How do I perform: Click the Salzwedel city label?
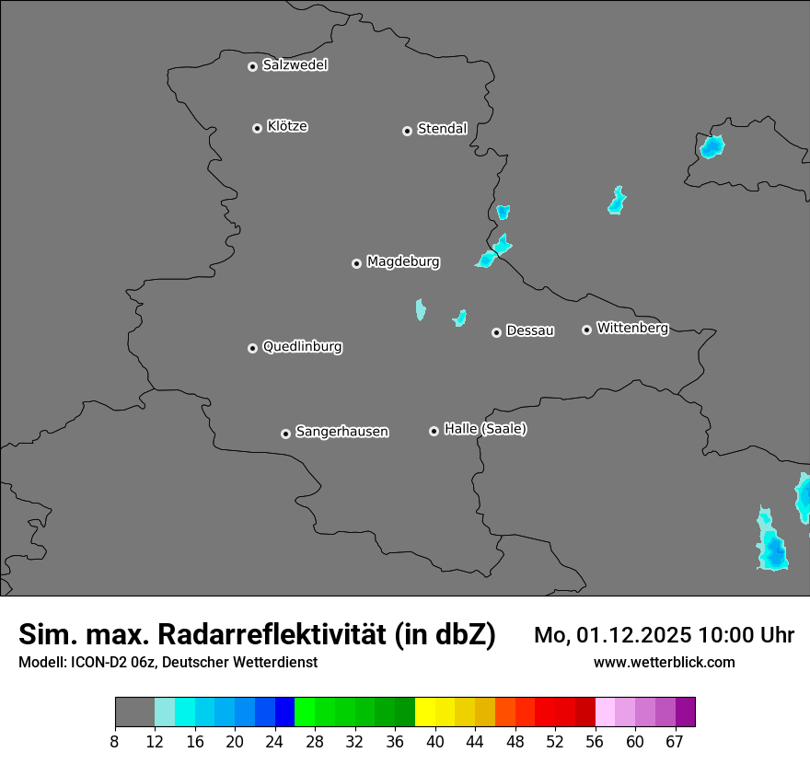(x=295, y=65)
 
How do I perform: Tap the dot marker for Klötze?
(x=258, y=128)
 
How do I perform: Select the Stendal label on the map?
(x=442, y=129)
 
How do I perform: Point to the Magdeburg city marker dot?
(x=357, y=263)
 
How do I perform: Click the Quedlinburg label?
(x=302, y=347)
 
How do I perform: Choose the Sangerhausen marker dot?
(x=286, y=434)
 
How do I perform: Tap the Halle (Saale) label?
(x=485, y=429)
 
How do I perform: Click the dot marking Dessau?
(x=497, y=332)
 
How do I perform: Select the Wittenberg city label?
(x=632, y=328)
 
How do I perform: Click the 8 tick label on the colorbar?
(x=115, y=741)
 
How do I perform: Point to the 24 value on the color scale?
(x=274, y=741)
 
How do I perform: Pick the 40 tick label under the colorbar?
(x=434, y=741)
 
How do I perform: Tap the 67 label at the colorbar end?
(x=675, y=741)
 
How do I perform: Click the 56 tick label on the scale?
(x=595, y=741)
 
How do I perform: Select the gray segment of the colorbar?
(x=134, y=712)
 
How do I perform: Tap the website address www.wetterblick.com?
(x=664, y=662)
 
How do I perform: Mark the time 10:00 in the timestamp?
(x=727, y=635)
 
